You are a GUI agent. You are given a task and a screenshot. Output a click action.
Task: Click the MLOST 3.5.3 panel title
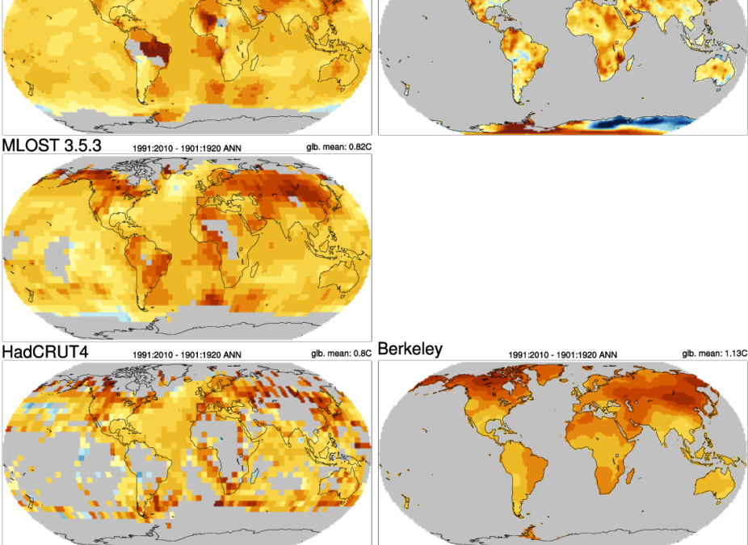[51, 146]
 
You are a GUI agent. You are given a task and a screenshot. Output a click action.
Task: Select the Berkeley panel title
[410, 349]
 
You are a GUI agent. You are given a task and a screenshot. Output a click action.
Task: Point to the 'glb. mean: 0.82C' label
[338, 147]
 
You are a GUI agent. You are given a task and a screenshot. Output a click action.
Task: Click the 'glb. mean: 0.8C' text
[340, 353]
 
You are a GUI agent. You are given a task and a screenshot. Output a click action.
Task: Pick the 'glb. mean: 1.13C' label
[714, 353]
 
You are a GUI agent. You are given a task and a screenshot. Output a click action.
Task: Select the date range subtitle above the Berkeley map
[562, 354]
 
